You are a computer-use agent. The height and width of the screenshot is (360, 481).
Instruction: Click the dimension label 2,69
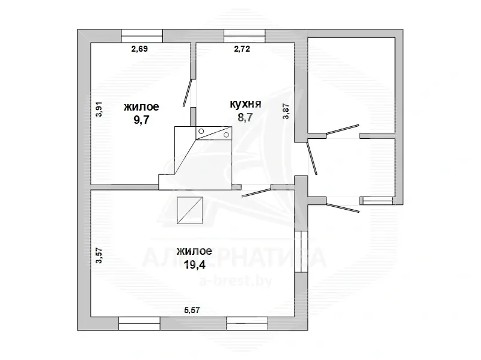pyautogui.click(x=139, y=49)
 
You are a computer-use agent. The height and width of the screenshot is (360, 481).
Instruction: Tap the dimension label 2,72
pyautogui.click(x=242, y=49)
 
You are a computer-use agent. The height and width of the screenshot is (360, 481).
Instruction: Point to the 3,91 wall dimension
pyautogui.click(x=99, y=109)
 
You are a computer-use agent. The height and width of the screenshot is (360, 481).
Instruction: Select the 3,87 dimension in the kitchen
pyautogui.click(x=286, y=111)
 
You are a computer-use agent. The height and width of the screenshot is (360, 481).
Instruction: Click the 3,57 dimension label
pyautogui.click(x=99, y=256)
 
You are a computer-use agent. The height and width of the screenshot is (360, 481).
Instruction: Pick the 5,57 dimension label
pyautogui.click(x=192, y=310)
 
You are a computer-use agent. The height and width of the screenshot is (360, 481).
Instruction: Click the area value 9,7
pyautogui.click(x=141, y=120)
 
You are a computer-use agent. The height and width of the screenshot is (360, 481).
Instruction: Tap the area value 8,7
pyautogui.click(x=245, y=117)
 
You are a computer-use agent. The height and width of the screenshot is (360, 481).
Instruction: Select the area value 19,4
pyautogui.click(x=194, y=264)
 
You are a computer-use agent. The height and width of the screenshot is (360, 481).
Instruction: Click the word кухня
pyautogui.click(x=246, y=104)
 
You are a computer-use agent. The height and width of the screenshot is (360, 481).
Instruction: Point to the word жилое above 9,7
pyautogui.click(x=141, y=107)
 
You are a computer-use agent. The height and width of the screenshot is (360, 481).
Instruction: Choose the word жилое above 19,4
pyautogui.click(x=194, y=251)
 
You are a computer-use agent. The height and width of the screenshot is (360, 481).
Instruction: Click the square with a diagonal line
pyautogui.click(x=190, y=210)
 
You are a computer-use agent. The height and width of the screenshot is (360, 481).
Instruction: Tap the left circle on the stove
pyautogui.click(x=201, y=131)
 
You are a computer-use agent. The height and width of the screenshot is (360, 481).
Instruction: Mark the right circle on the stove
pyautogui.click(x=227, y=135)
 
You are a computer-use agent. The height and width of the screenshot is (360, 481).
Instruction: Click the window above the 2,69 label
pyautogui.click(x=142, y=36)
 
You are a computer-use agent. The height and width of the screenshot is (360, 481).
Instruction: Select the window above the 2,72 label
pyautogui.click(x=245, y=36)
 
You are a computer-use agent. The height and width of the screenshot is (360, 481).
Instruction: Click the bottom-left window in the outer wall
pyautogui.click(x=139, y=323)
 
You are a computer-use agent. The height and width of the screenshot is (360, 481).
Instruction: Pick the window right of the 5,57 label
pyautogui.click(x=247, y=323)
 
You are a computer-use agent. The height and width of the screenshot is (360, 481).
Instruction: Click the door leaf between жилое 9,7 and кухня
pyautogui.click(x=188, y=93)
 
